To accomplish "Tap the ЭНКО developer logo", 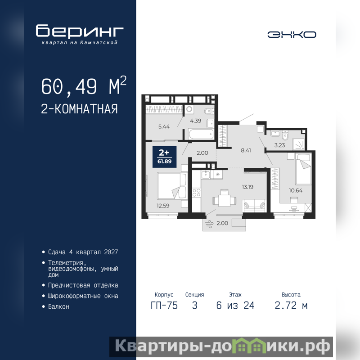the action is pos(292,35).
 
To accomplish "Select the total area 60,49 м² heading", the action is pos(84,86).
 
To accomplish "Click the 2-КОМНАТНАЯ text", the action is pos(79,109).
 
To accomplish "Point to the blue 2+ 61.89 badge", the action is pos(164,157).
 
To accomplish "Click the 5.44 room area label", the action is pos(164,126).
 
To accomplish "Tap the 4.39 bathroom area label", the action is pos(196,121).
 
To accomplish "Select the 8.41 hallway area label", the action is pos(246,150).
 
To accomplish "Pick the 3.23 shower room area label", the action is pos(279,145).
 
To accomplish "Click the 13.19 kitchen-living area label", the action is pos(247,187).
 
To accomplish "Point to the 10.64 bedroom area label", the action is pos(296,190).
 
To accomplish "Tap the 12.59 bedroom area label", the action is pos(163,206).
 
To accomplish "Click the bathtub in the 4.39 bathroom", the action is pos(201,134).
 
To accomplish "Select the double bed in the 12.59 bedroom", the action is pos(172,186).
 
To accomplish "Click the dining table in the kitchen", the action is pos(224,200).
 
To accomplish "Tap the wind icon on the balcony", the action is pos(209,224).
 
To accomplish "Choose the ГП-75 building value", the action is pos(164,306).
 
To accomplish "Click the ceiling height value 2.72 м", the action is pos(291,306).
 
